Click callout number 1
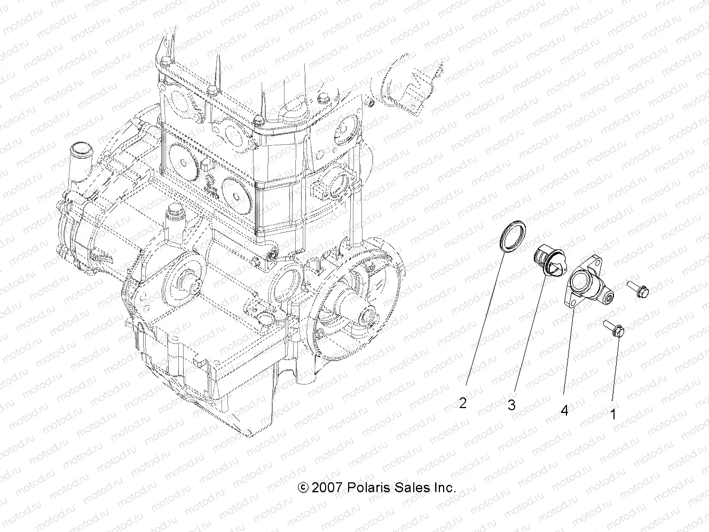click(613, 413)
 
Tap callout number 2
click(463, 403)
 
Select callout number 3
click(511, 405)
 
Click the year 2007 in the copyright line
click(327, 487)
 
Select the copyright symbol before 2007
click(303, 487)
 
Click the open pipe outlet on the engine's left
click(94, 147)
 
